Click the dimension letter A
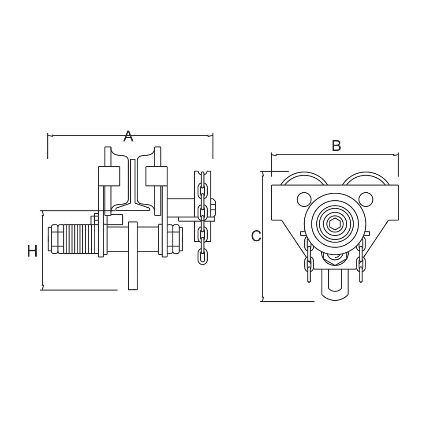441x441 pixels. click(128, 136)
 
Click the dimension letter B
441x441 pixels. click(336, 146)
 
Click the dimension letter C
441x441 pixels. click(256, 236)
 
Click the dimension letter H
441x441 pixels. click(32, 251)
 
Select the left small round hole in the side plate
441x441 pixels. click(304, 199)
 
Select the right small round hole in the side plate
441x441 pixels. click(365, 199)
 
